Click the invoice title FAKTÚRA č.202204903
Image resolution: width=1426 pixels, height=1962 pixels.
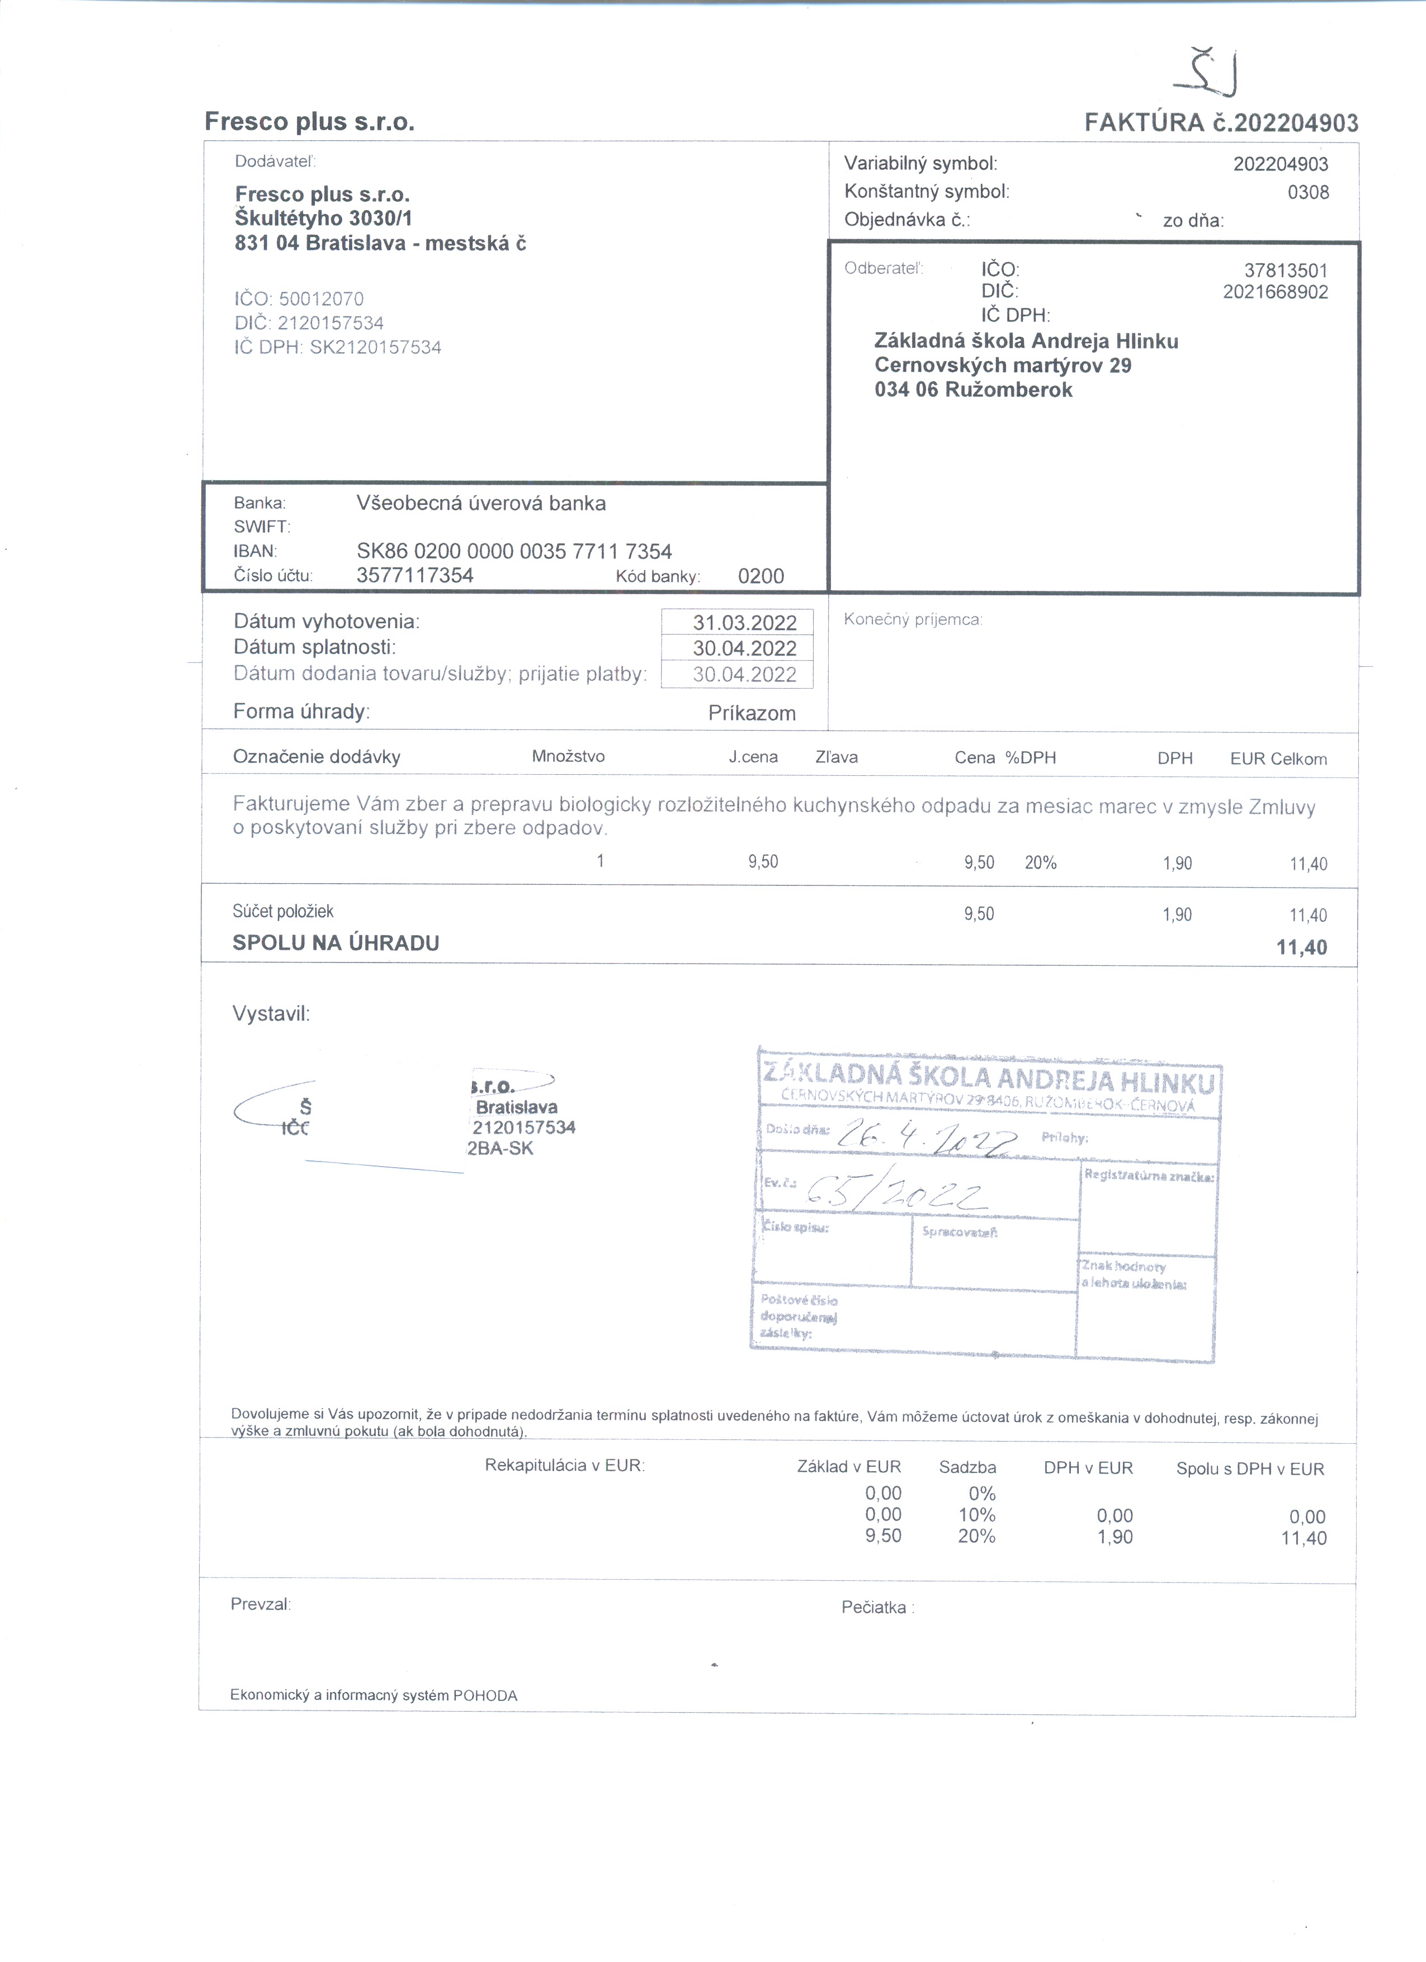tap(1221, 123)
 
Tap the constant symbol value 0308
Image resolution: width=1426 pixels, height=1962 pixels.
tap(1307, 192)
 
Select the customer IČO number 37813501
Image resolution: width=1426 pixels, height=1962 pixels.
tap(1285, 271)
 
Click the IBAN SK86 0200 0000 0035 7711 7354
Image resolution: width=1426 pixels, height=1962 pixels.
tap(514, 551)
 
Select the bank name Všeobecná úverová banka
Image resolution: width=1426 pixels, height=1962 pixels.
tap(481, 504)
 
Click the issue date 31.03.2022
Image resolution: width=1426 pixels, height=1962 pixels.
tap(744, 623)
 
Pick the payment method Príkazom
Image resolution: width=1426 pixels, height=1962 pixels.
tap(751, 713)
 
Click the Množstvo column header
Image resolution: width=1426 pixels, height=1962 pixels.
tap(568, 757)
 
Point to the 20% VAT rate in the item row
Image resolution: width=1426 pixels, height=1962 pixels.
tap(1040, 862)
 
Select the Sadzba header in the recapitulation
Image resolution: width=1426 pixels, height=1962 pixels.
tap(967, 1467)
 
